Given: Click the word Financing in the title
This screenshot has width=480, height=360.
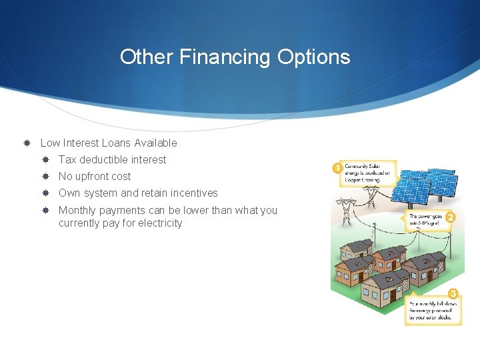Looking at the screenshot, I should pos(224,57).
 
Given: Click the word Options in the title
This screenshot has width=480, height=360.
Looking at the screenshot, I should pos(312,57).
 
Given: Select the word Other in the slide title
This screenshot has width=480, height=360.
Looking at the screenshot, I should pos(147,57).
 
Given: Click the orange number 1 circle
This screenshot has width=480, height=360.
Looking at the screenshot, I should pos(337,169).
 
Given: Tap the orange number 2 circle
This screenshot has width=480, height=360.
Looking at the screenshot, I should pos(451,217).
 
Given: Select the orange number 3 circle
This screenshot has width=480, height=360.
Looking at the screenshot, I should pos(453,294).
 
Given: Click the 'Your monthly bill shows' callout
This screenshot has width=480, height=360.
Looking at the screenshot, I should pos(431,310).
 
